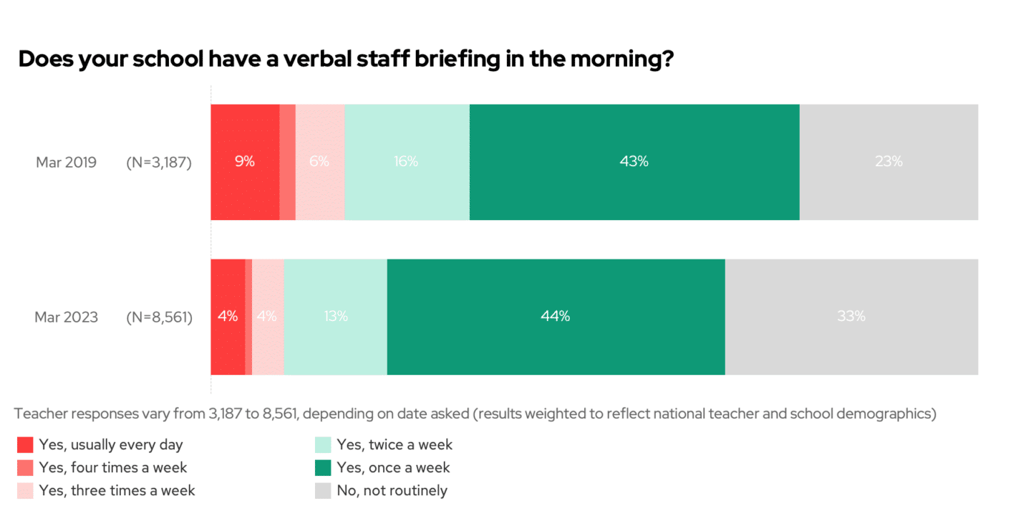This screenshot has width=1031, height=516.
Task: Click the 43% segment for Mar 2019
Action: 634,162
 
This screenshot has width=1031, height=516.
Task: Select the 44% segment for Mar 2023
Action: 556,316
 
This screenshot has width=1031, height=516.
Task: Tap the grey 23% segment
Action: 889,162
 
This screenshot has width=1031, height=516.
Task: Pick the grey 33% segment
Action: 851,316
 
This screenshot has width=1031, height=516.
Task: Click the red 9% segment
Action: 245,162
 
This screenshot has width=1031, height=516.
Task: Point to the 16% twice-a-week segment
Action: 407,162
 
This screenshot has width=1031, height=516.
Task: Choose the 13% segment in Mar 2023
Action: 335,316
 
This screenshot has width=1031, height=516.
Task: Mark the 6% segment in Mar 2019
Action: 319,162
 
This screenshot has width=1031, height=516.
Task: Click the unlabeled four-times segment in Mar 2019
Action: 287,162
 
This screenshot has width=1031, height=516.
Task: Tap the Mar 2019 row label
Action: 66,162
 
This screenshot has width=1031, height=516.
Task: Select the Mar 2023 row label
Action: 66,317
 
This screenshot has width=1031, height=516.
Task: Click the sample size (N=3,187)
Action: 159,162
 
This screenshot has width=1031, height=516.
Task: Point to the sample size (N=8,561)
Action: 159,317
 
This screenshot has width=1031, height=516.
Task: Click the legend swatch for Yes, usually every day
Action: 25,445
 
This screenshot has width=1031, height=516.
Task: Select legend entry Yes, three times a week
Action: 117,491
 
